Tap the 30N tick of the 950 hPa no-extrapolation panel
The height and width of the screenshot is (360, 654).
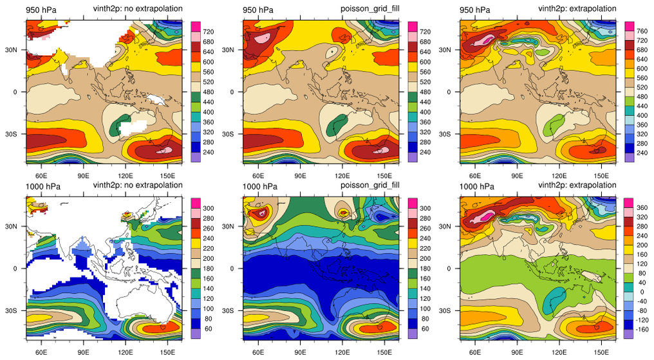15,50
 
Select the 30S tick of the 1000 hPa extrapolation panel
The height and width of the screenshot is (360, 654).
450,310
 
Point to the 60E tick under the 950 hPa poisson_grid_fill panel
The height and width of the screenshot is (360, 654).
259,175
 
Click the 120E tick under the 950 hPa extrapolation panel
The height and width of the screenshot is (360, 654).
559,175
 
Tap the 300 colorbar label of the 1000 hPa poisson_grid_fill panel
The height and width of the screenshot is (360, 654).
424,208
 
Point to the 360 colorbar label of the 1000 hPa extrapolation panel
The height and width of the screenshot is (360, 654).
642,207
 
